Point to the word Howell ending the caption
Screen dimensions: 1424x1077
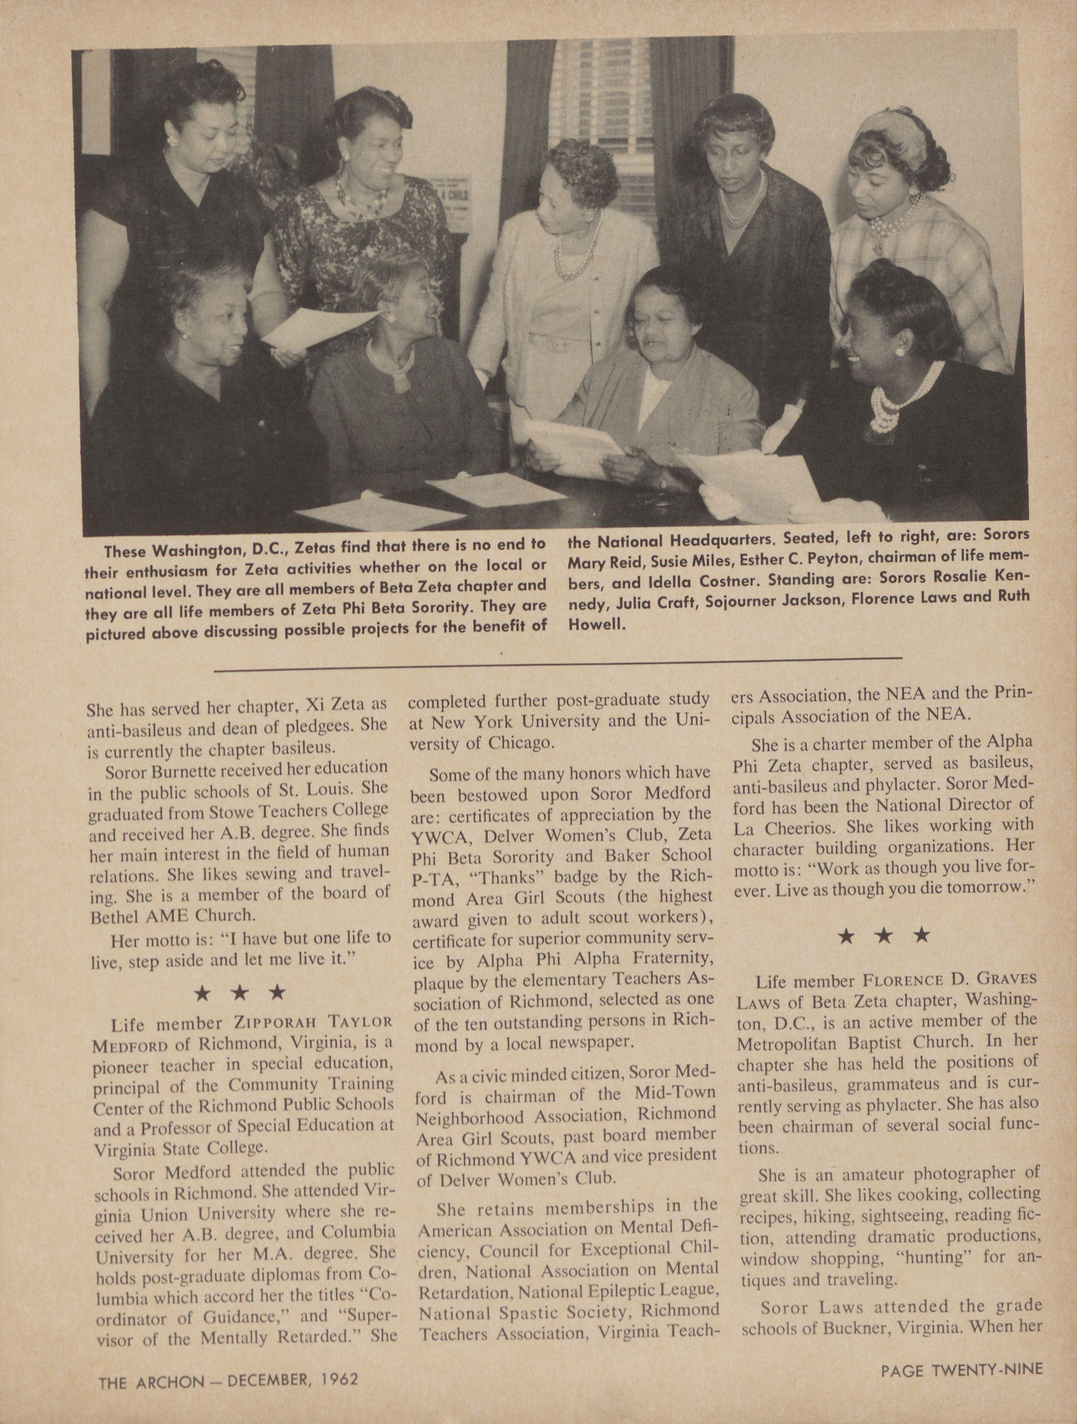(x=596, y=624)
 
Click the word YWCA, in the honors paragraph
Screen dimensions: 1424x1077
(x=450, y=837)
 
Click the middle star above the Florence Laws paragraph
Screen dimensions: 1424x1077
(x=884, y=936)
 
